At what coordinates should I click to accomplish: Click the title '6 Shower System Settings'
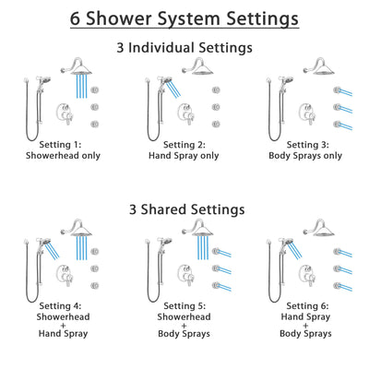tap(184, 18)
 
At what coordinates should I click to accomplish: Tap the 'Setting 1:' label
tap(65, 144)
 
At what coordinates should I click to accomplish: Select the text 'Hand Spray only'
tap(184, 156)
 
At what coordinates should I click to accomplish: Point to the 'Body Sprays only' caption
tap(304, 156)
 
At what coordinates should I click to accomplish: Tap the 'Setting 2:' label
tap(184, 144)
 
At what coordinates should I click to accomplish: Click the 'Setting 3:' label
tap(304, 144)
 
